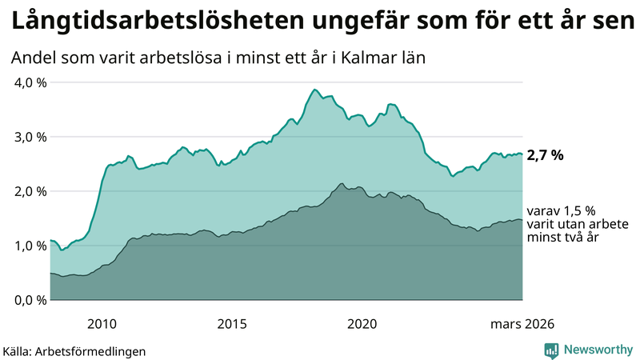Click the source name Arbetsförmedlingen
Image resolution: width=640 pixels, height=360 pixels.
(97, 350)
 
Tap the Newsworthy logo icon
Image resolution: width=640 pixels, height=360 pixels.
(551, 350)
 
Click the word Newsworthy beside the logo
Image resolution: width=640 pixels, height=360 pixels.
(598, 350)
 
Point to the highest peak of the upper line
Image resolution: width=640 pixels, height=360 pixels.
(315, 90)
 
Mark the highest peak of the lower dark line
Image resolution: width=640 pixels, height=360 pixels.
(342, 184)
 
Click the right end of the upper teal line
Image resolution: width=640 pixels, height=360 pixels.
(522, 154)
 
